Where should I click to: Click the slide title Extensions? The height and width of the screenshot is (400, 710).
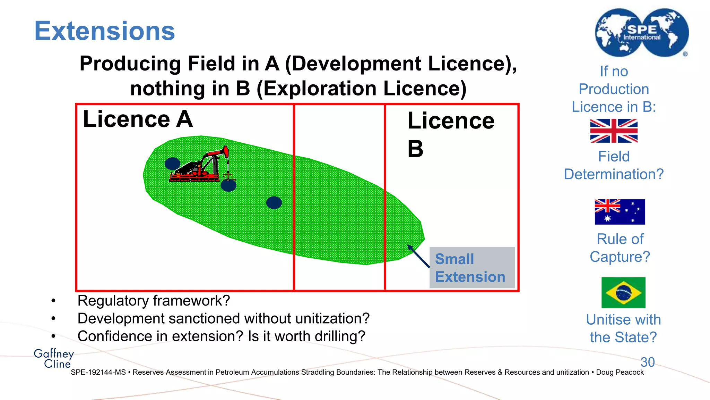point(104,31)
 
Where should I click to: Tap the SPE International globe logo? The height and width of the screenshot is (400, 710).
point(642,33)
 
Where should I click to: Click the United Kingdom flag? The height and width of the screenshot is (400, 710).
point(614,131)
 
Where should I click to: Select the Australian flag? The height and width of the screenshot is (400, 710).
point(620,212)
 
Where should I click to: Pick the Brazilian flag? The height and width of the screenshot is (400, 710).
point(623,292)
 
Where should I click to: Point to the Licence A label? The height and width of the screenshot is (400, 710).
point(138,119)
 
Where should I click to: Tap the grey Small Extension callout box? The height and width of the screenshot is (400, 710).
point(472,268)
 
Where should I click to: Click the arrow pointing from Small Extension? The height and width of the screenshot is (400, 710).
point(418,256)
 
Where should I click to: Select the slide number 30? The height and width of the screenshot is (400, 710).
point(648,362)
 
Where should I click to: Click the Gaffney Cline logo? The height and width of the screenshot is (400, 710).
point(54,358)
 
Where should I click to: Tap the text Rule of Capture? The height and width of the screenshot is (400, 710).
point(620,248)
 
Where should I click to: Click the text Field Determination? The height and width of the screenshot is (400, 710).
point(614,165)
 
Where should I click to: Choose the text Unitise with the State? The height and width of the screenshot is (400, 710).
point(623,328)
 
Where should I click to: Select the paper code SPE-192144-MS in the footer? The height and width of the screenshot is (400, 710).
point(98,372)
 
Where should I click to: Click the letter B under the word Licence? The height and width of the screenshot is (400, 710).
point(415,149)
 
